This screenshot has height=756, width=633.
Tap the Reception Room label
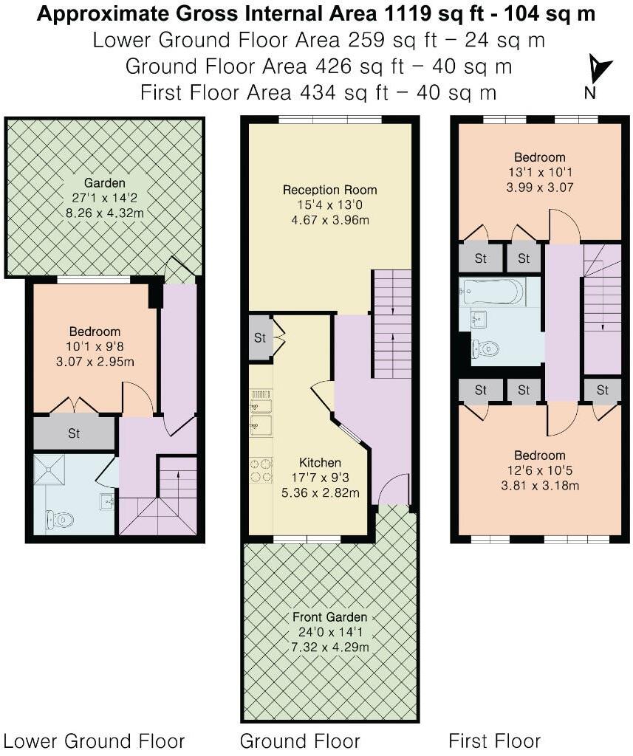click(329, 190)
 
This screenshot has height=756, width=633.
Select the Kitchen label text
click(320, 462)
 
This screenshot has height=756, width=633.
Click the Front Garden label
click(329, 617)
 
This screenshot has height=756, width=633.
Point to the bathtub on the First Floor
click(493, 292)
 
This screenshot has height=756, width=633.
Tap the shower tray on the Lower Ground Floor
click(49, 470)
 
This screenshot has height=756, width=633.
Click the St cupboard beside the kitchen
click(260, 338)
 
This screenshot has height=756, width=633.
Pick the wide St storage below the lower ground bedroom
click(74, 433)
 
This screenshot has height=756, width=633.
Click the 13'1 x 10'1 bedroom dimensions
click(539, 172)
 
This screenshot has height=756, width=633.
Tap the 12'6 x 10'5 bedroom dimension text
click(539, 470)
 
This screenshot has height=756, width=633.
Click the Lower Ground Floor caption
click(95, 740)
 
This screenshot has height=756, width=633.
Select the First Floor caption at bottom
click(495, 740)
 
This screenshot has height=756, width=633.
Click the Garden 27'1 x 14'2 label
click(104, 197)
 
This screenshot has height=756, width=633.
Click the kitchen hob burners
click(261, 470)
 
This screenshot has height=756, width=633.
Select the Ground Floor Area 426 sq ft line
click(318, 66)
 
